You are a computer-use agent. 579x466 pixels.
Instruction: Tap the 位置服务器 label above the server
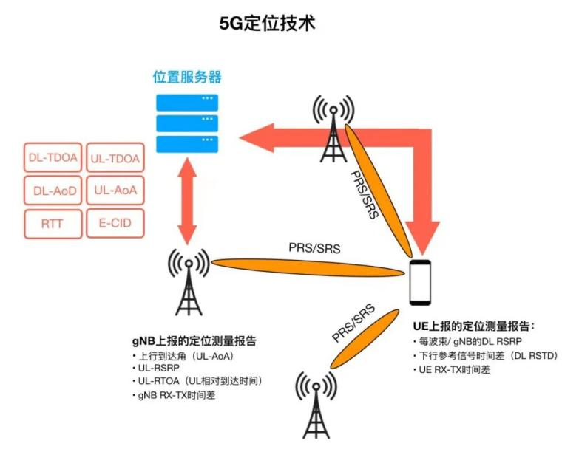pyautogui.click(x=187, y=78)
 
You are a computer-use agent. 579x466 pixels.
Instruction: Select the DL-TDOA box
pyautogui.click(x=52, y=157)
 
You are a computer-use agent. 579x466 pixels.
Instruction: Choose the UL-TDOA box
pyautogui.click(x=115, y=157)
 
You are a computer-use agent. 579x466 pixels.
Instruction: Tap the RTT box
pyautogui.click(x=52, y=224)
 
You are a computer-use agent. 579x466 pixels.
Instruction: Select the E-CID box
pyautogui.click(x=115, y=224)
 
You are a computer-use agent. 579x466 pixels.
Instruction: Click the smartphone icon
pyautogui.click(x=420, y=282)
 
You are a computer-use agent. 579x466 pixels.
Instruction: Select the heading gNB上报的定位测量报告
pyautogui.click(x=194, y=341)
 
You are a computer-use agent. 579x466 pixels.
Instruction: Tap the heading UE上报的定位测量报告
pyautogui.click(x=473, y=325)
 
